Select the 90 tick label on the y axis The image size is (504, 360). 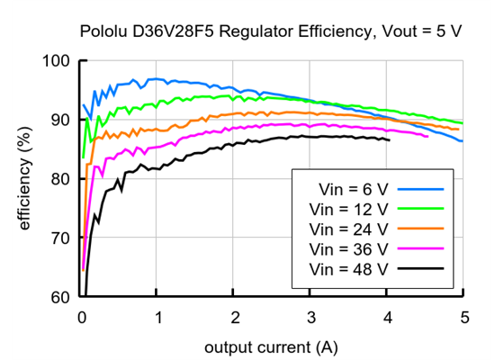pyautogui.click(x=59, y=120)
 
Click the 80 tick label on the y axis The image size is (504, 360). pyautogui.click(x=59, y=179)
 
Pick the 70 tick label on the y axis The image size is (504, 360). pyautogui.click(x=59, y=238)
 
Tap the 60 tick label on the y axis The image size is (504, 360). pyautogui.click(x=59, y=297)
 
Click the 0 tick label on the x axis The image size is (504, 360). pyautogui.click(x=81, y=317)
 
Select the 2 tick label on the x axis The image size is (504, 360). pyautogui.click(x=234, y=317)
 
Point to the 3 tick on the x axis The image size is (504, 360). pyautogui.click(x=310, y=317)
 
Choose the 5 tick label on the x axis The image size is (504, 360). pyautogui.click(x=463, y=317)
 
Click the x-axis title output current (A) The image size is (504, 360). pyautogui.click(x=272, y=346)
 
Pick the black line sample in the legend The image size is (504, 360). pyautogui.click(x=421, y=268)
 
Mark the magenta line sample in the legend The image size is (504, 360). pyautogui.click(x=421, y=248)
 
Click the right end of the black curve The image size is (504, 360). pyautogui.click(x=389, y=140)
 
